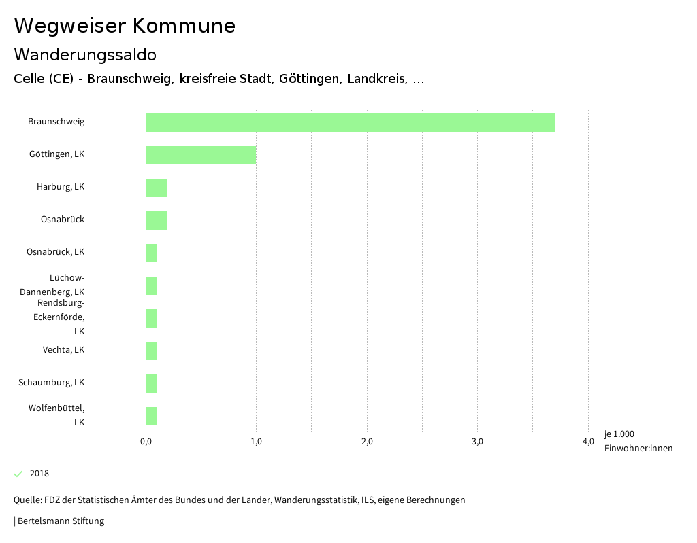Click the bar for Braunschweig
350,123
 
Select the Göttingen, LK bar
201,156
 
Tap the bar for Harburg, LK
157,188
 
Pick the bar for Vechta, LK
151,351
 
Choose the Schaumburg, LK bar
151,384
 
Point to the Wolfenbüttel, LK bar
151,417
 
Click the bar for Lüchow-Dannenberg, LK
151,286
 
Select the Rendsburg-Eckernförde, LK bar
151,319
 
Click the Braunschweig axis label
56,122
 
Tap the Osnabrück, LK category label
55,252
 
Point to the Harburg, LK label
61,187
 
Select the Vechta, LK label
63,350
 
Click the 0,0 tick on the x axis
146,442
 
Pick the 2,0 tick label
367,442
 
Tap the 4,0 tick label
588,442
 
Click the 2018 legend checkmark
18,474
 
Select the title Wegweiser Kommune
125,26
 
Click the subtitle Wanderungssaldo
85,54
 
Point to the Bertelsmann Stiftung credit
60,521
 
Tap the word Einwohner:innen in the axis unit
638,448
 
